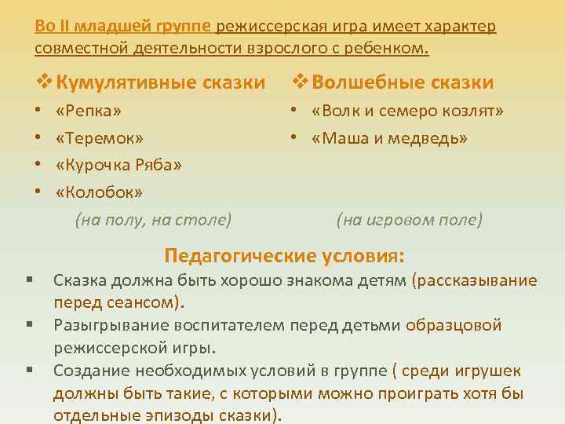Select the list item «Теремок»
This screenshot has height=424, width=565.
coord(100,138)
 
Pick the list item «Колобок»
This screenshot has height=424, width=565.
coord(99,192)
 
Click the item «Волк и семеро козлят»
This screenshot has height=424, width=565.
coord(407,110)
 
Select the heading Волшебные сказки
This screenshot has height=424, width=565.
coord(403,82)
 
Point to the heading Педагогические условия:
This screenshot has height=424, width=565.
coord(285,255)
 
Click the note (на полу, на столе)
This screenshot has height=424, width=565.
coord(153,221)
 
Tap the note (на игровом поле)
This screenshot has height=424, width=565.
coord(410,221)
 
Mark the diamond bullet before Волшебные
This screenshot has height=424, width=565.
coord(301,82)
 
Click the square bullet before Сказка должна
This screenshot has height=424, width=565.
coord(28,280)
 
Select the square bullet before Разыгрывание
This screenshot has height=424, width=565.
coord(28,324)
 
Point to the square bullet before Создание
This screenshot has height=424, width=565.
coord(28,369)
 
